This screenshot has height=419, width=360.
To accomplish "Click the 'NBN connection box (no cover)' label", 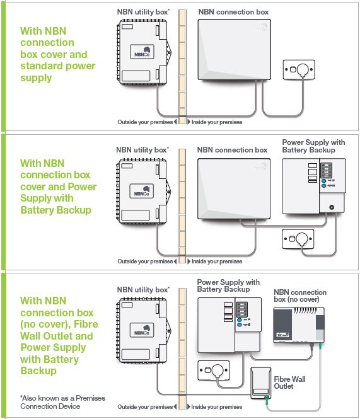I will coord(299,296).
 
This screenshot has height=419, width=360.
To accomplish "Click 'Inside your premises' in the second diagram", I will coord(216,261).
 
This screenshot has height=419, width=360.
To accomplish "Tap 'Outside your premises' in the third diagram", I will coord(144,406).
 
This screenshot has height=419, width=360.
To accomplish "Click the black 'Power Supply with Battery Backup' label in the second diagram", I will coord(313,146).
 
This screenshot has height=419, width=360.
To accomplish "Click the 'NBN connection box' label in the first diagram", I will coord(233,12).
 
